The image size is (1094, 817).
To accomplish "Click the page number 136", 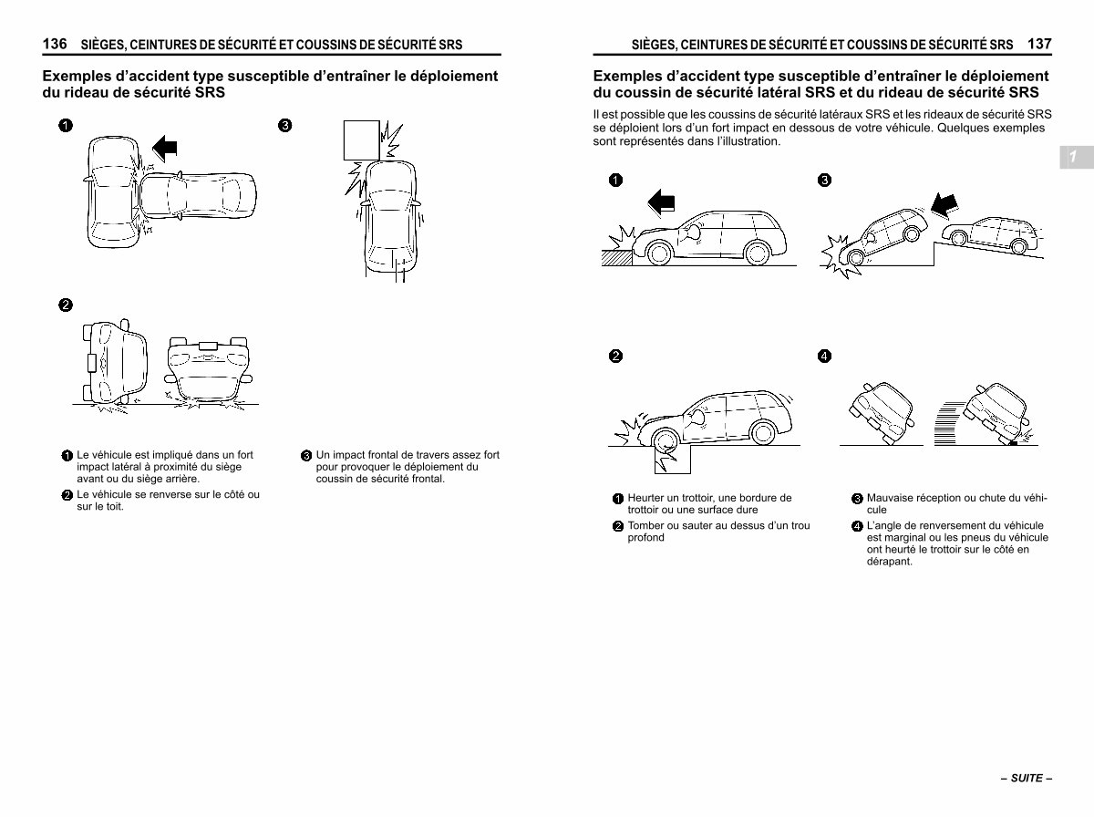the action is pos(55,44).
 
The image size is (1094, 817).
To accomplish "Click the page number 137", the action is pos(1039,44).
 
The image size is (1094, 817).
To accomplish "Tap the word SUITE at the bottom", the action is pos(1027,778).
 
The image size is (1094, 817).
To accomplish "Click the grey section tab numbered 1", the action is pos(1076,157).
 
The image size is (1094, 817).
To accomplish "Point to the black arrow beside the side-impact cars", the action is pos(164,148).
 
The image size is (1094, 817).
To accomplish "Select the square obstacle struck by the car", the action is pos(361,140).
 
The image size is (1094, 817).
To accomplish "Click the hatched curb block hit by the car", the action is pos(616,258).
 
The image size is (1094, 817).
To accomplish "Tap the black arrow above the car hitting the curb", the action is pos(661,202).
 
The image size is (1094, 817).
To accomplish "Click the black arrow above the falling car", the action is pos(944,206).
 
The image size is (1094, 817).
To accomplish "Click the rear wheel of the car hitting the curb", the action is pos(757,253).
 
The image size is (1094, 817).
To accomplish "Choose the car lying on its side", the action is pos(115,362).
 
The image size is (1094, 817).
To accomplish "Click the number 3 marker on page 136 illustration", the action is pos(284,125).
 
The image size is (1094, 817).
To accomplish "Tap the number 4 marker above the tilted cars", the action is pos(824,356).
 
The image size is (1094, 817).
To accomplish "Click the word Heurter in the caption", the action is pos(646,498).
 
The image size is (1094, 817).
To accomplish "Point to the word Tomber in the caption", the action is pos(645,525).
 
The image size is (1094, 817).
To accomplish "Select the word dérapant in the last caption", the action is pos(889,562).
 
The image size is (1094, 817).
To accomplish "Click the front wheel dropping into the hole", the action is pos(665,441).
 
